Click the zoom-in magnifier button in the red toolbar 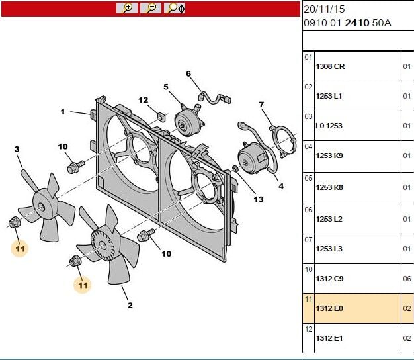tap(127, 8)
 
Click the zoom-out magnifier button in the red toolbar tap(151, 8)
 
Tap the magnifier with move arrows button tap(175, 8)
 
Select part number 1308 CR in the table tap(330, 66)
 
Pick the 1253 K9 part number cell tap(329, 156)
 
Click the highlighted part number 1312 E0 tap(329, 308)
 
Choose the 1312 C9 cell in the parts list tap(329, 279)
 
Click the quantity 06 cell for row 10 tap(407, 279)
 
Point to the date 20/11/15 tap(324, 9)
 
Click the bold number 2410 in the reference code tap(356, 23)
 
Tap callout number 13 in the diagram tap(259, 199)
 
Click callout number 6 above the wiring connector tap(188, 73)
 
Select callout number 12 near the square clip tap(143, 100)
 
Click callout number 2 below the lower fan tap(130, 306)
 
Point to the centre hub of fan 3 tap(42, 208)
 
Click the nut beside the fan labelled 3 tap(14, 222)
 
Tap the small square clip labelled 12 tap(161, 116)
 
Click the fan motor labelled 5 tap(188, 121)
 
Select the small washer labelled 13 tap(235, 168)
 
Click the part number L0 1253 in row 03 tap(329, 126)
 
